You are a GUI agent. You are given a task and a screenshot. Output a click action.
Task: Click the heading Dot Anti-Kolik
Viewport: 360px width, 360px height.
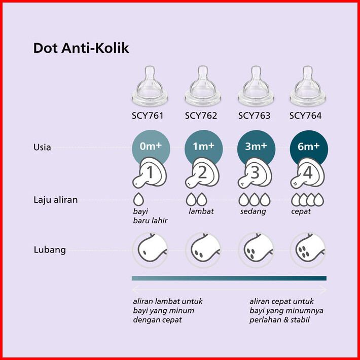point(81,48)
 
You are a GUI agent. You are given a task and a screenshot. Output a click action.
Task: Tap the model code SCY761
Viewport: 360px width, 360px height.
point(148,116)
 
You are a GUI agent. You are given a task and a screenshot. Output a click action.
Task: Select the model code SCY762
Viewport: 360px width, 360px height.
point(201,116)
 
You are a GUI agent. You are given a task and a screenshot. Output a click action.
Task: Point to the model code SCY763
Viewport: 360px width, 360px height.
point(254,116)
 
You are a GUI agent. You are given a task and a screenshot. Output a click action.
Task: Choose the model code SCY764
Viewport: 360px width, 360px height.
point(305,116)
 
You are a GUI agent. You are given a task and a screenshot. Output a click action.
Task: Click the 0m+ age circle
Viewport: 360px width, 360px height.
point(151,147)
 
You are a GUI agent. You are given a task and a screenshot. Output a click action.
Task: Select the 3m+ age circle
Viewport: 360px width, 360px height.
point(256,147)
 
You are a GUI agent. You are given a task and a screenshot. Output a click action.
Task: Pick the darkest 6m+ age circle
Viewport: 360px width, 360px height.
point(308,147)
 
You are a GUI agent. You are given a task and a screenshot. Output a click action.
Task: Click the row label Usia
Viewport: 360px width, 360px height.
point(42,148)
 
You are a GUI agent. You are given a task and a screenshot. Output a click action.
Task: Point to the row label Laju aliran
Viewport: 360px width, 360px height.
point(55,199)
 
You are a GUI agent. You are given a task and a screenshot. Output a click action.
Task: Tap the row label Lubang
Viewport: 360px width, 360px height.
point(49,249)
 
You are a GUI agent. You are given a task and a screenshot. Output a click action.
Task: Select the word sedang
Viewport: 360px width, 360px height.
point(253,211)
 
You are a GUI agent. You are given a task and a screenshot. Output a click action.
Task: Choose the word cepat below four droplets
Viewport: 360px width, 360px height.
point(301,211)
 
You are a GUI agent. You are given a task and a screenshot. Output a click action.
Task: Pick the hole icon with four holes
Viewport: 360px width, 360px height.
point(308,249)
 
